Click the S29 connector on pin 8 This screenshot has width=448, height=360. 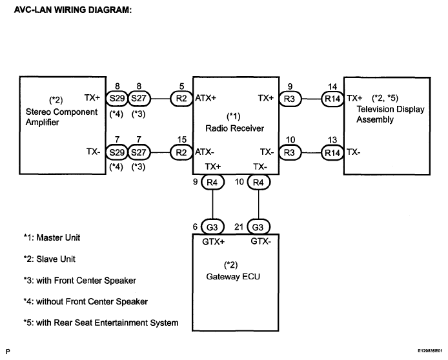coord(117,99)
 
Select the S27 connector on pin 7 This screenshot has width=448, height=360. coord(139,152)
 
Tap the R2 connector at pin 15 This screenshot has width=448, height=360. coord(181,152)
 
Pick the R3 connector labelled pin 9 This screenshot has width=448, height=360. coord(290,99)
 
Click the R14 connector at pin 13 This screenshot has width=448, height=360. coord(332,153)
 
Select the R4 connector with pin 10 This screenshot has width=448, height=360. coord(259,182)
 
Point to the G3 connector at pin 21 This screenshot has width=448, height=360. coord(258,227)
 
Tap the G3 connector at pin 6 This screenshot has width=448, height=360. coord(212,227)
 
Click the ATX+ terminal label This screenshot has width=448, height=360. coord(206,98)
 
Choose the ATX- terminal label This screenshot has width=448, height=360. coord(205,152)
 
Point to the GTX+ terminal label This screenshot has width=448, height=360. coord(214,242)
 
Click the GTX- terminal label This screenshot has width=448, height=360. coord(261,241)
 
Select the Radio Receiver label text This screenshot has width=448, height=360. coord(234,128)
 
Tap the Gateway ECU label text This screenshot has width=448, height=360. coord(233,277)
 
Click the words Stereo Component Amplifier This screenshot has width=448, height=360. coord(61,117)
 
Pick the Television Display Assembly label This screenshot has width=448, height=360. coord(391,114)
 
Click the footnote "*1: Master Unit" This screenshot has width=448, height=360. coord(52,237)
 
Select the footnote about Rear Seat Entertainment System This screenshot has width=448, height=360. coord(101,323)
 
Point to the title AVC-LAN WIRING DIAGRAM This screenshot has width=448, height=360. coord(73,10)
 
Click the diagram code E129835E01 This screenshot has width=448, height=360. coord(430,350)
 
